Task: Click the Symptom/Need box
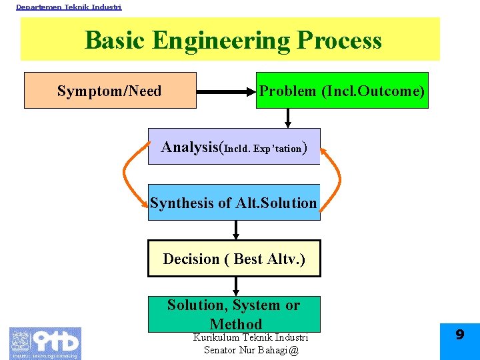(110, 91)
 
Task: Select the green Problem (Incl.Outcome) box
(342, 91)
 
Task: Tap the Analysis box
(234, 147)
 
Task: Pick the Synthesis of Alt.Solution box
(234, 203)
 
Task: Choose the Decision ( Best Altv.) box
(234, 259)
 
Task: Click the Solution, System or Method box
(234, 314)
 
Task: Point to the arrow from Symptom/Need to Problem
(227, 91)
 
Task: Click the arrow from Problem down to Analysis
(288, 118)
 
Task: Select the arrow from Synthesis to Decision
(235, 230)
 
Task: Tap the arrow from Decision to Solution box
(235, 287)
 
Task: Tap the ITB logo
(45, 343)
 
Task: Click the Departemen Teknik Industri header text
(69, 7)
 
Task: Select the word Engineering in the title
(221, 41)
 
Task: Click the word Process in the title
(339, 41)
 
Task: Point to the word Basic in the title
(115, 41)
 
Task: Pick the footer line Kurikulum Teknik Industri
(250, 338)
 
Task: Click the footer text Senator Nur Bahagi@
(251, 350)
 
